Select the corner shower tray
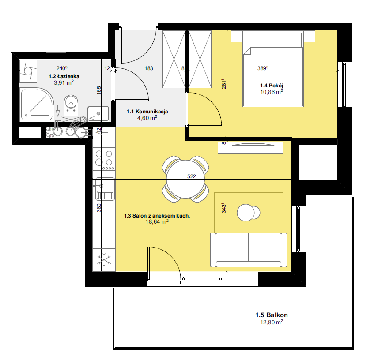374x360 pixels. [x=37, y=105]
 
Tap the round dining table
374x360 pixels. [x=185, y=179]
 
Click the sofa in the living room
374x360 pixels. [x=249, y=250]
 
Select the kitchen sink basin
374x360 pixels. [x=105, y=185]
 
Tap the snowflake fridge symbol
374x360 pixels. [x=104, y=260]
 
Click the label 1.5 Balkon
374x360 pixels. [x=272, y=315]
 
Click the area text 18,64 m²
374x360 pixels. [x=157, y=222]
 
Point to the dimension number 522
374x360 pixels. [x=191, y=176]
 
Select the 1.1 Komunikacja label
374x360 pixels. [x=147, y=112]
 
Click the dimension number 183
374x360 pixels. [x=149, y=68]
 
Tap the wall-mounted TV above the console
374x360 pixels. [x=253, y=145]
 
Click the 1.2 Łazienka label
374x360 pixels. [x=64, y=76]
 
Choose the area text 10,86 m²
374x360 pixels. [x=272, y=92]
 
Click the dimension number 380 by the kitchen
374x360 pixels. [x=99, y=207]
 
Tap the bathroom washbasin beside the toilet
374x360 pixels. [x=98, y=114]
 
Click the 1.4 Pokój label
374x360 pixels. [x=272, y=86]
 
